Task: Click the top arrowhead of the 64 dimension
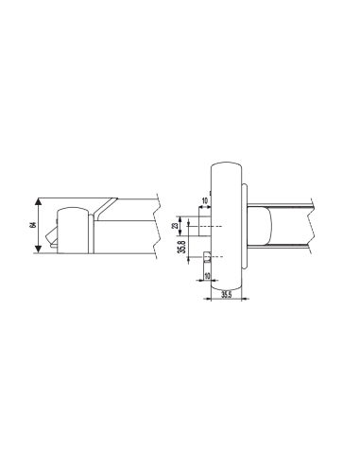coord(37,201)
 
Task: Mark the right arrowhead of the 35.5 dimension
coord(244,301)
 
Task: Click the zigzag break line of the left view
coord(159,227)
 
